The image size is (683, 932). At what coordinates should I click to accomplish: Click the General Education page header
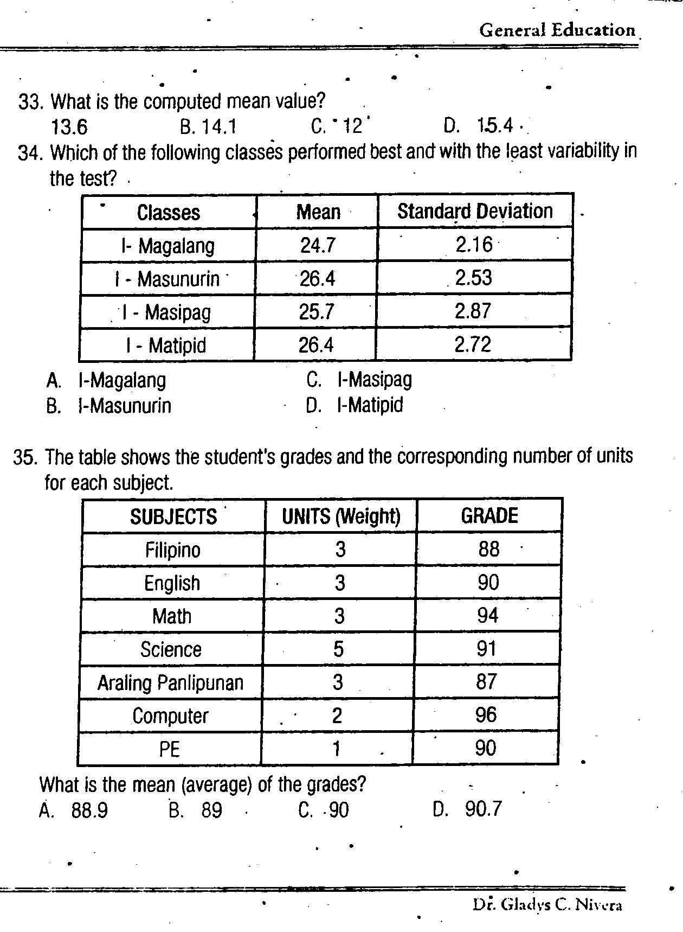pos(557,30)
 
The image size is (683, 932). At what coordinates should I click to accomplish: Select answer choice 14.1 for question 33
pos(209,127)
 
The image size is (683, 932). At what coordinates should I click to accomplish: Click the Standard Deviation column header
pos(475,211)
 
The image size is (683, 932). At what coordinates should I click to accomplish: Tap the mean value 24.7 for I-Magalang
pos(318,246)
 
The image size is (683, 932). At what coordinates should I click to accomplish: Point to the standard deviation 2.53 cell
pos(474,278)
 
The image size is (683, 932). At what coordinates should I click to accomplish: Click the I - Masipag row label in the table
pos(167,312)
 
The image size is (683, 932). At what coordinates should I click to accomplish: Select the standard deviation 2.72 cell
pos(473,344)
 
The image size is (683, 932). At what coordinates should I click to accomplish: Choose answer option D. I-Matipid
pos(355,405)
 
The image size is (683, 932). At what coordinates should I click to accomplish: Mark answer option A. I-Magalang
pos(107,380)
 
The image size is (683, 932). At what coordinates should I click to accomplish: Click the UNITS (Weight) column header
pos(341,516)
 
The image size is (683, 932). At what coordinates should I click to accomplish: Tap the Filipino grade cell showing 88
pos(488,550)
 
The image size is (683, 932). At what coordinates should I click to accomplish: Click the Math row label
pos(172,616)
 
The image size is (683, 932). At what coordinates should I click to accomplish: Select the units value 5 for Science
pos(339,649)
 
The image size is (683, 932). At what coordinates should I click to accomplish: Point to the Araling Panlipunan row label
pos(170,682)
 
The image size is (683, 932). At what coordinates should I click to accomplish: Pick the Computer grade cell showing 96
pos(486,715)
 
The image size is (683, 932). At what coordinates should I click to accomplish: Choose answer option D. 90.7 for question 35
pos(468,809)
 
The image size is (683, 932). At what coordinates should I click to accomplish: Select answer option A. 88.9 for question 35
pos(74,810)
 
